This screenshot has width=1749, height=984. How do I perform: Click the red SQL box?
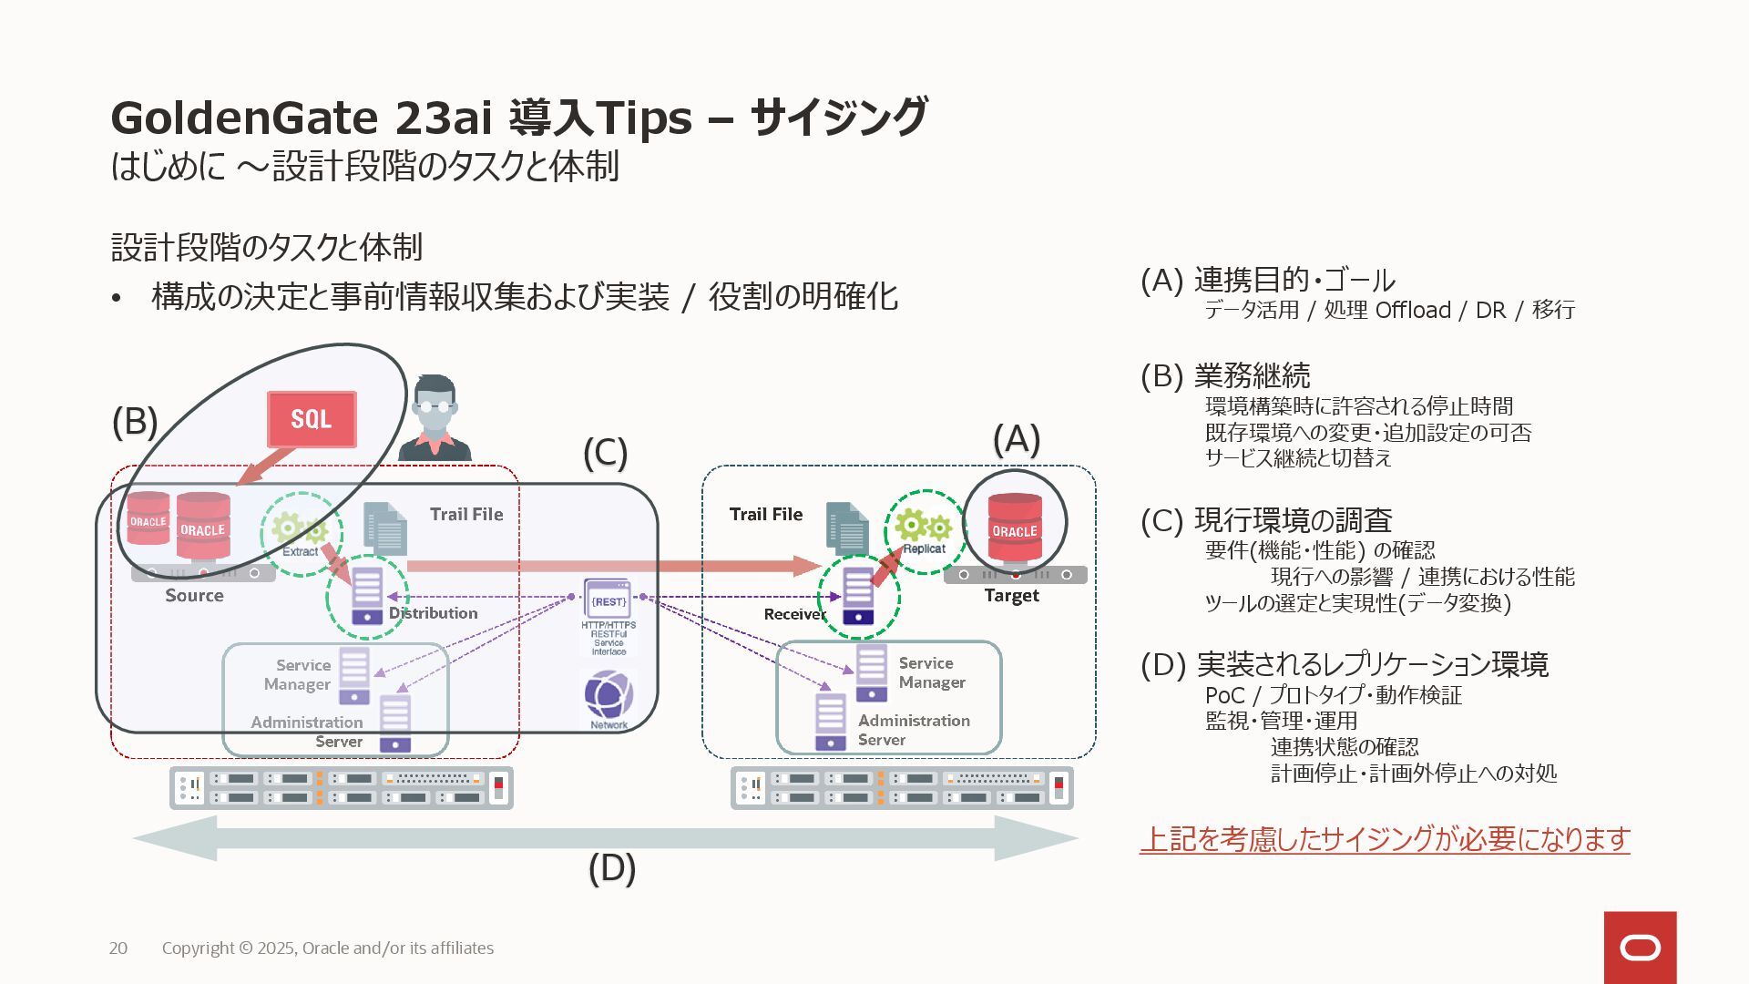(311, 419)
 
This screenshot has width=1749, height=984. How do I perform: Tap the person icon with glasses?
(435, 419)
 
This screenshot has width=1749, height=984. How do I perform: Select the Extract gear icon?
(300, 531)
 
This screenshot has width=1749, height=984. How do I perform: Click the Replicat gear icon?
(924, 529)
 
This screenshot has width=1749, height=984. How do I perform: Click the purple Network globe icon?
(609, 697)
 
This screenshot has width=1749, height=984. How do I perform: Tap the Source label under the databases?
(194, 595)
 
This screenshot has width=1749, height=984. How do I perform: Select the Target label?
(1011, 595)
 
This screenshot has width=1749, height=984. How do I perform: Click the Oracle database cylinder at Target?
(1015, 528)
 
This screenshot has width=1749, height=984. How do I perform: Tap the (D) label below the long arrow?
(611, 867)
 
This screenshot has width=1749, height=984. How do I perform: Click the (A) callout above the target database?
(1016, 439)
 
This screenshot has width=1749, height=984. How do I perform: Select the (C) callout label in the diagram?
(605, 453)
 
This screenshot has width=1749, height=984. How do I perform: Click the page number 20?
(118, 948)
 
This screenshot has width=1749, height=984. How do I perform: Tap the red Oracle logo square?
(1640, 948)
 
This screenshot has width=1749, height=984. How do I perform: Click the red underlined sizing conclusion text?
(1385, 838)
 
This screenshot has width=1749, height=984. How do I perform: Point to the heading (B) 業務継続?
(1225, 375)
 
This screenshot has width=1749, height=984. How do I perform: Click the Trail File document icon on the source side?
(385, 528)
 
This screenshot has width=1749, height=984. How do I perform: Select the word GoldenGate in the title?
(243, 118)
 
